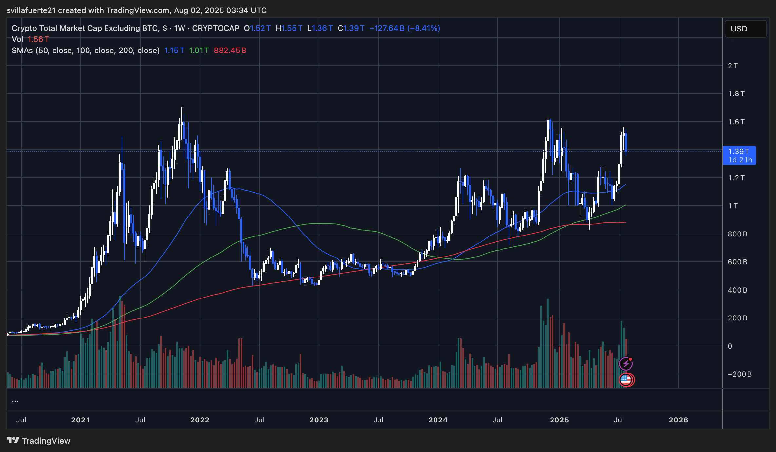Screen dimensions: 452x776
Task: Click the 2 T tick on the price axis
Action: pyautogui.click(x=733, y=66)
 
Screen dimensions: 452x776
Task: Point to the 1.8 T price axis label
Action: pyautogui.click(x=736, y=94)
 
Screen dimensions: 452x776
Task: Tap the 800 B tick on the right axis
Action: pyautogui.click(x=737, y=234)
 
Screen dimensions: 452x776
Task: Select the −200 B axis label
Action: pyautogui.click(x=740, y=374)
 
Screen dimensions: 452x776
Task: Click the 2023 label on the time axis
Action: pyautogui.click(x=319, y=420)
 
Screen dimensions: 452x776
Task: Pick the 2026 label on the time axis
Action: pyautogui.click(x=678, y=420)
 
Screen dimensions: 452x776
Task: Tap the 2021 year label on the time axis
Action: pyautogui.click(x=80, y=420)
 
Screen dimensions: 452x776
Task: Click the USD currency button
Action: pyautogui.click(x=745, y=29)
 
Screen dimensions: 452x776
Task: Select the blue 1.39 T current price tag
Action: pyautogui.click(x=739, y=155)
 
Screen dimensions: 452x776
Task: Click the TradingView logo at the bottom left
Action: pyautogui.click(x=39, y=441)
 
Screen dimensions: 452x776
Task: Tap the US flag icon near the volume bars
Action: pyautogui.click(x=626, y=380)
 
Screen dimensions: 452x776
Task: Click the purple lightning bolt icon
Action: pyautogui.click(x=626, y=364)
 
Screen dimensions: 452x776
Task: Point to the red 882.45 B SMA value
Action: pyautogui.click(x=230, y=51)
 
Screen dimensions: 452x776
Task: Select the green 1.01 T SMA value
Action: pyautogui.click(x=199, y=51)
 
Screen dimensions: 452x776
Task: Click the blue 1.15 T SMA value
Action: pyautogui.click(x=174, y=51)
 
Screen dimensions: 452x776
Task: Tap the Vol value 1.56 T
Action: pyautogui.click(x=38, y=39)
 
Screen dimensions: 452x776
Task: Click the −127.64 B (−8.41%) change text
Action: pyautogui.click(x=404, y=28)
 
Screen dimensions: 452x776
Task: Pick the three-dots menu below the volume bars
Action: pyautogui.click(x=15, y=401)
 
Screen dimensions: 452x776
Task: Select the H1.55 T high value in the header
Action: pyautogui.click(x=289, y=28)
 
